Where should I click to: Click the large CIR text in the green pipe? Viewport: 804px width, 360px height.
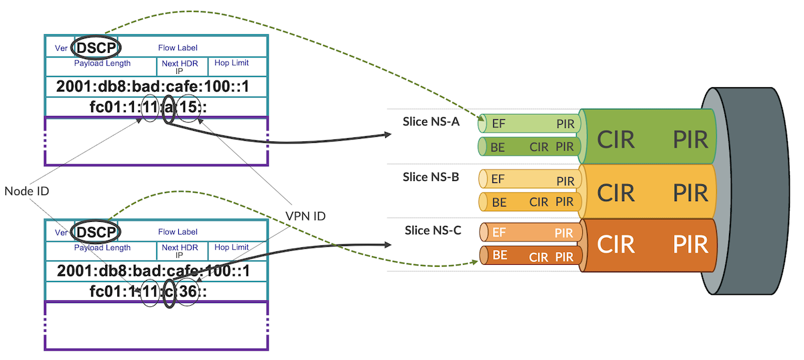(x=616, y=140)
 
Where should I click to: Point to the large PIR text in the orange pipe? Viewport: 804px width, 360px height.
(x=690, y=244)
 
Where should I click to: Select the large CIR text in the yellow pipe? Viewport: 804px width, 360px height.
(x=616, y=193)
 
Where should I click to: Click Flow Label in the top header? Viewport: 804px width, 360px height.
(x=178, y=48)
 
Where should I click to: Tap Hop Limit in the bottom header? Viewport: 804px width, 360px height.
(x=231, y=247)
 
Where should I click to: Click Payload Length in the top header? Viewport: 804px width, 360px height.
(x=102, y=64)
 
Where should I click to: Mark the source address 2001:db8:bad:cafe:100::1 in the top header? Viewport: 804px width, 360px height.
(x=153, y=86)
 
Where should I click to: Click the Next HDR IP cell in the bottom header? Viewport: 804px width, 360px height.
(x=180, y=251)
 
